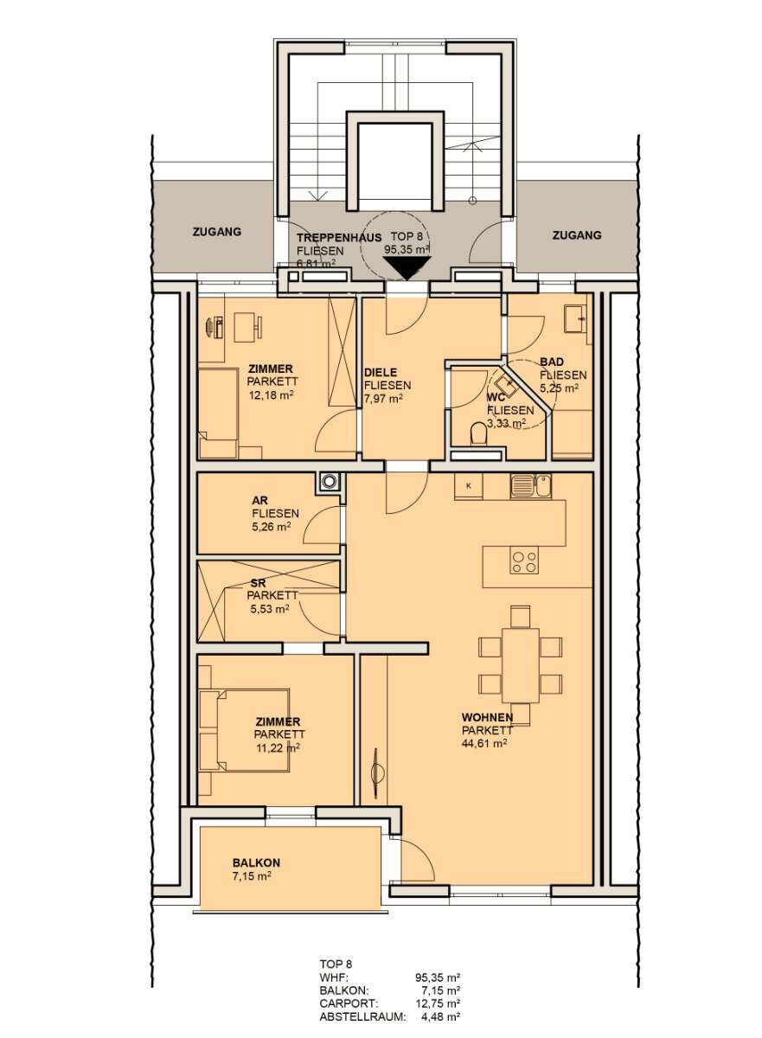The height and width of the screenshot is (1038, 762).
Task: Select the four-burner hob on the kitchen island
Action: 523,561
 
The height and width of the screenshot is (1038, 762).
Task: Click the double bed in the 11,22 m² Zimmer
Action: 227,729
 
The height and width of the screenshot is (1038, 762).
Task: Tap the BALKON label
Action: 256,862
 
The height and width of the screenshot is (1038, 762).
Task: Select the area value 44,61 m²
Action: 483,742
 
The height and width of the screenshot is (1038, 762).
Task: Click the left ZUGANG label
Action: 217,232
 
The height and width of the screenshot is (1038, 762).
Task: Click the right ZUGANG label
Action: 577,234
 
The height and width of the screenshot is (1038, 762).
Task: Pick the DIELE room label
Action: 381,373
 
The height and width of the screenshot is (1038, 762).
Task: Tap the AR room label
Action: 259,500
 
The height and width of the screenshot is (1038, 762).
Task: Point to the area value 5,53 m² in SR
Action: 269,609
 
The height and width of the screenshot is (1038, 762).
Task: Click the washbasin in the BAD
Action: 576,319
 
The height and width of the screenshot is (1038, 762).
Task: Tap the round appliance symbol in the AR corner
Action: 329,483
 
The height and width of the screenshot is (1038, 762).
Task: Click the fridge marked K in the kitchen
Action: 468,486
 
